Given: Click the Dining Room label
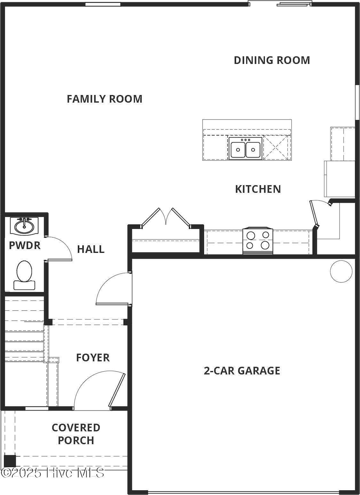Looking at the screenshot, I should coord(272,60).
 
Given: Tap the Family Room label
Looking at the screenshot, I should coord(105,99).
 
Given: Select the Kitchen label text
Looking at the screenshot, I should coord(258,189).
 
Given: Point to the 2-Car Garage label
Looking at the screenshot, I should coord(242,371).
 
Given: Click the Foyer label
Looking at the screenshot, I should coord(93,357).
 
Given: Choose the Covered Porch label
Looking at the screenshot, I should coord(76,434).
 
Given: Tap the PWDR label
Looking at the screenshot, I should coord(24,245).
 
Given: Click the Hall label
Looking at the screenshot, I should coord(91,249).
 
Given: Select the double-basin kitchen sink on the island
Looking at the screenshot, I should coord(245,148).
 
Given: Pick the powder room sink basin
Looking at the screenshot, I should coord(24,226).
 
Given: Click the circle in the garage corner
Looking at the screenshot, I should coord(341,271).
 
